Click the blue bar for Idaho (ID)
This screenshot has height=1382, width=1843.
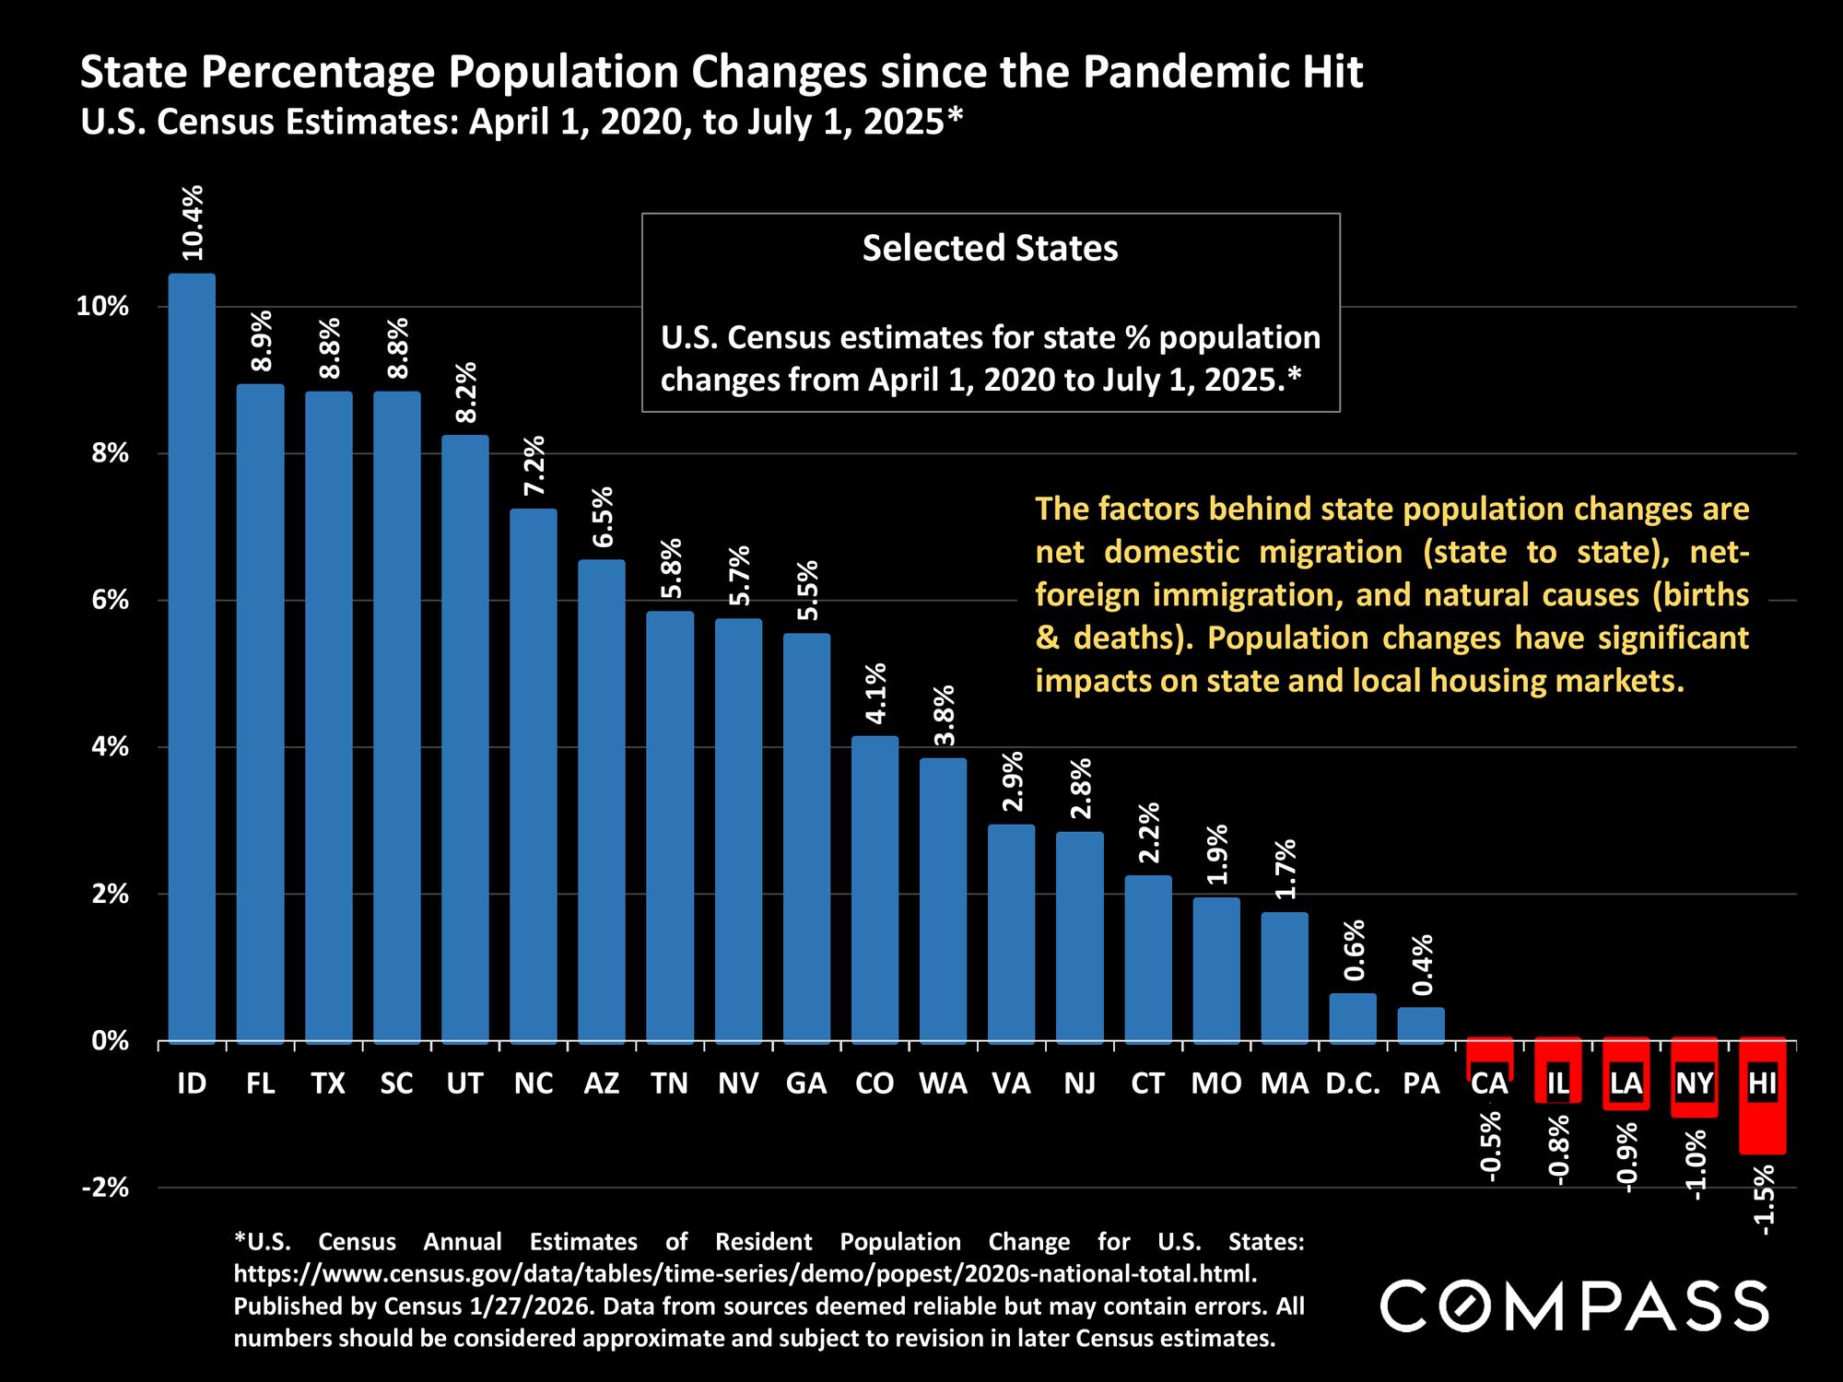pos(192,658)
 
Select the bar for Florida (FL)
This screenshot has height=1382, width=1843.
pos(260,713)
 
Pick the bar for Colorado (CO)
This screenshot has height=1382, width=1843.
pos(875,889)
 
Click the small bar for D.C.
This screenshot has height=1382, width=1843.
pos(1353,1017)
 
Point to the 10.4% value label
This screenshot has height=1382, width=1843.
pos(193,222)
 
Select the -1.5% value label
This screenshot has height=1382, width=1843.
pos(1763,1200)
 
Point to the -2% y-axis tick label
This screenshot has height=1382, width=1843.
pos(105,1189)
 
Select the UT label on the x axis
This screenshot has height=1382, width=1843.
pos(464,1083)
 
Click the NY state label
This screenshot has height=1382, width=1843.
pos(1694,1083)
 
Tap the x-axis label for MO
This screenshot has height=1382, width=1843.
pos(1216,1083)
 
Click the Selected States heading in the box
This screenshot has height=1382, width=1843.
pos(990,249)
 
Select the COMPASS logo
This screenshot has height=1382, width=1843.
pos(1574,1306)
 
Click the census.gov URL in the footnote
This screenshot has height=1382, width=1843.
pos(745,1274)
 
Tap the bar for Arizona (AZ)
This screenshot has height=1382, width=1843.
pos(602,801)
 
